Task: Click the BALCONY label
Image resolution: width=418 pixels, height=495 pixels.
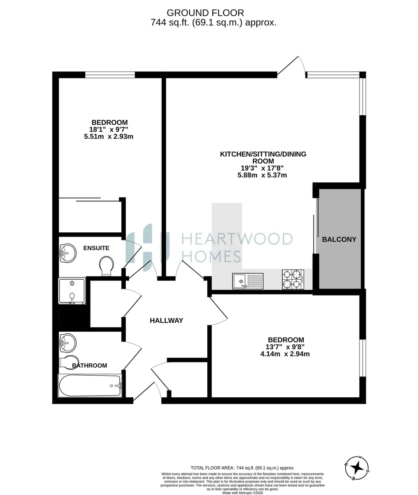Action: pyautogui.click(x=339, y=239)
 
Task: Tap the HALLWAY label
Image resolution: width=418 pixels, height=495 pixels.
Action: pyautogui.click(x=166, y=321)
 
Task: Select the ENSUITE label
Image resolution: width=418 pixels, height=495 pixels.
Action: pyautogui.click(x=96, y=248)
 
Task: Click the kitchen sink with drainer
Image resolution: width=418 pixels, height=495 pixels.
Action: pyautogui.click(x=248, y=281)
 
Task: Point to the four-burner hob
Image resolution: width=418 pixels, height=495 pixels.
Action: pyautogui.click(x=293, y=279)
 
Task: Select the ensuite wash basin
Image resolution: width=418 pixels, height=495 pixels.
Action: pyautogui.click(x=68, y=253)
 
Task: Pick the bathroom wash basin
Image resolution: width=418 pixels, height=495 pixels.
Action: pyautogui.click(x=68, y=343)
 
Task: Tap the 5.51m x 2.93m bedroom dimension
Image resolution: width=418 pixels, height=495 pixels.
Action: pyautogui.click(x=109, y=137)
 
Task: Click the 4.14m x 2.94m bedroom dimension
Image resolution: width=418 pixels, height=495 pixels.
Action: pyautogui.click(x=285, y=354)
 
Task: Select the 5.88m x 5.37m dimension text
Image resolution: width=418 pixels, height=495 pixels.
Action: pyautogui.click(x=262, y=175)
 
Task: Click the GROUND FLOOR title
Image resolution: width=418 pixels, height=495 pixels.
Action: pyautogui.click(x=205, y=13)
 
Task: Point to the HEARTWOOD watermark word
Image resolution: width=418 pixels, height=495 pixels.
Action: pyautogui.click(x=237, y=239)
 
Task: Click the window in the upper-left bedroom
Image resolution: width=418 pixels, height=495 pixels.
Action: pyautogui.click(x=110, y=75)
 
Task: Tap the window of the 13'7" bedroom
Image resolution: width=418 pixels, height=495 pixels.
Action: pyautogui.click(x=363, y=358)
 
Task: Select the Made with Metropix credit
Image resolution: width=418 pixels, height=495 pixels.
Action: pyautogui.click(x=243, y=493)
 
